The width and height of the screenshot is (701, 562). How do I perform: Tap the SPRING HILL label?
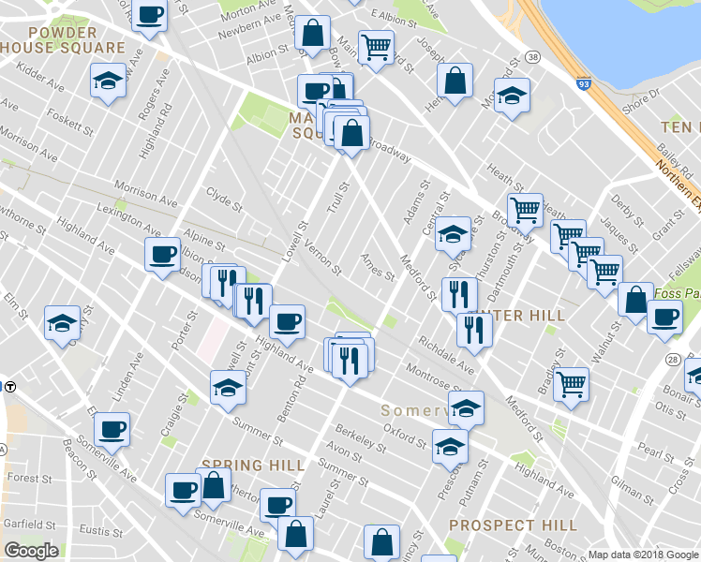pos(253,465)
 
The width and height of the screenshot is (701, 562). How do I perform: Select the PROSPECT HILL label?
pos(513,525)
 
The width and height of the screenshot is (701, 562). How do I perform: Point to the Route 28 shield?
pos(672,360)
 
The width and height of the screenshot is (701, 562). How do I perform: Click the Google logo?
pos(31,551)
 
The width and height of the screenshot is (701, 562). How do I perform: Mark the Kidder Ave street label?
pos(39,72)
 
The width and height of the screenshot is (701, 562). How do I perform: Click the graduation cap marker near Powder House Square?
pos(109,82)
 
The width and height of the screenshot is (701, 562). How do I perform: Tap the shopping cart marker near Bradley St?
pos(571,383)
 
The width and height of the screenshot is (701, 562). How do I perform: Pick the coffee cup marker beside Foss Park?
pos(665,316)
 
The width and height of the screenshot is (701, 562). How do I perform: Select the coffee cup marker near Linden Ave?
pos(112,428)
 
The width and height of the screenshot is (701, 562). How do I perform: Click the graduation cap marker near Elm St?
pos(62,324)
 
